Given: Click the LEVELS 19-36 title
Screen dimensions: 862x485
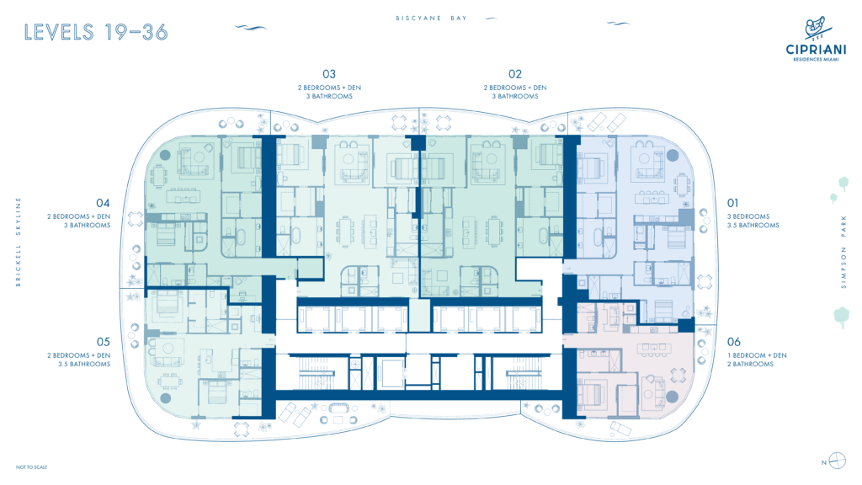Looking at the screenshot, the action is click(x=96, y=33).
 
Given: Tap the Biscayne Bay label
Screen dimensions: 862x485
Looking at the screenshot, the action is click(x=432, y=19).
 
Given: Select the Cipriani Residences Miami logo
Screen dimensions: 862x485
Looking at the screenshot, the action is click(x=816, y=39).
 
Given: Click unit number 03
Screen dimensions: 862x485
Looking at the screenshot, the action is click(x=329, y=74).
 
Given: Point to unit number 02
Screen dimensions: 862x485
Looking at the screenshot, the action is click(x=514, y=74).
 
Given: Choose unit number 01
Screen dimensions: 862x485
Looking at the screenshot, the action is click(x=733, y=204).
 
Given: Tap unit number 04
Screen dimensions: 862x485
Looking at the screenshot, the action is click(x=103, y=204).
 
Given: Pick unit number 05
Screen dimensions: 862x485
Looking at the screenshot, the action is click(x=103, y=342).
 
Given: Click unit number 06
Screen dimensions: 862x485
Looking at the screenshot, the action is click(x=733, y=342).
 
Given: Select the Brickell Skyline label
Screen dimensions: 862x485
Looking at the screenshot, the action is click(x=19, y=242).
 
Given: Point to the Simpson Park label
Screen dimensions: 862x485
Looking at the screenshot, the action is click(x=843, y=252).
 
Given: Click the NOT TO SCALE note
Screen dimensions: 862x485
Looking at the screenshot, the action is click(x=31, y=467).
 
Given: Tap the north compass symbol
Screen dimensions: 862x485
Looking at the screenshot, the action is click(x=837, y=461).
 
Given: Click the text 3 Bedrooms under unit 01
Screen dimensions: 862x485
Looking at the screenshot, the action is click(x=748, y=216).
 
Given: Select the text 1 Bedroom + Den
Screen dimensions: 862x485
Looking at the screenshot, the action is click(x=757, y=356).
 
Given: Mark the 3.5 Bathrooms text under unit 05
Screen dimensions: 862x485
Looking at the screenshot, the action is click(x=84, y=364).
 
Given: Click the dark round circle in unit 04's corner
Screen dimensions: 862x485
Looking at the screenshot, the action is click(x=165, y=155).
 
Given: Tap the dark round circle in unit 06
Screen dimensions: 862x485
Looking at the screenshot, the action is click(x=672, y=396).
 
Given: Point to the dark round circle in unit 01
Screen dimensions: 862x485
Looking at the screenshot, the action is click(x=672, y=156).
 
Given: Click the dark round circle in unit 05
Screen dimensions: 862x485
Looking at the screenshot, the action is click(x=165, y=398).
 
